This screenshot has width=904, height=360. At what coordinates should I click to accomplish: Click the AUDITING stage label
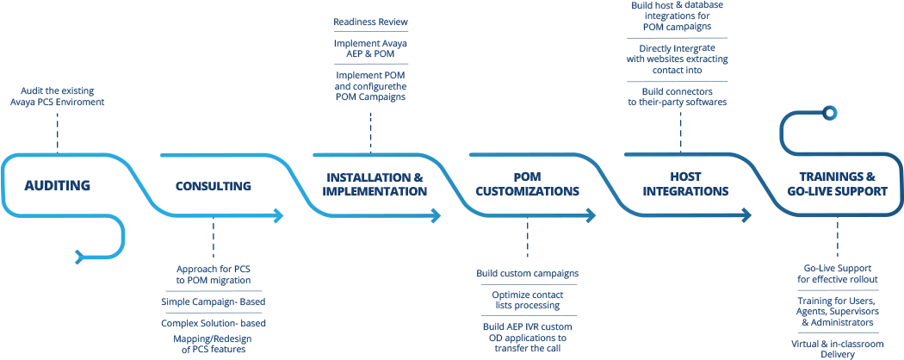pos(58,185)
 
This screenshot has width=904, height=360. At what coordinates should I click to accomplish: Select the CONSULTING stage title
pos(213,185)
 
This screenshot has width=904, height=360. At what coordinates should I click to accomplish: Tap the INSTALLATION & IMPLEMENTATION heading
pos(375,184)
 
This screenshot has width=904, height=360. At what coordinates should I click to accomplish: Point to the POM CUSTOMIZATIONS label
pos(527,184)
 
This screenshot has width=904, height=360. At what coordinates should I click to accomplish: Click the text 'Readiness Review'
pos(370,22)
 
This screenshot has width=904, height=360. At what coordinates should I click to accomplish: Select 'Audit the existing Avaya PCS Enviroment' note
pos(59,96)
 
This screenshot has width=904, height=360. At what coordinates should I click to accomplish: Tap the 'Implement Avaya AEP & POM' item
pos(370,48)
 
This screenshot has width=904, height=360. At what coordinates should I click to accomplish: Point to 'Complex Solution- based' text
pos(214,323)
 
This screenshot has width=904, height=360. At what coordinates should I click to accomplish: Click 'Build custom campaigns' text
pos(527,274)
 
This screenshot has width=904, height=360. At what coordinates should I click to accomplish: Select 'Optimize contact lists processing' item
pos(527,300)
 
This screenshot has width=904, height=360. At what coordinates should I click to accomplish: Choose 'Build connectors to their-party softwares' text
pos(680,96)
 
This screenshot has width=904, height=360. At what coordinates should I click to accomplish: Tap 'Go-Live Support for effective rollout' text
pos(837,274)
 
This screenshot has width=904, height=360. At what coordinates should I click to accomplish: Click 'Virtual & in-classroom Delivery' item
pos(837,347)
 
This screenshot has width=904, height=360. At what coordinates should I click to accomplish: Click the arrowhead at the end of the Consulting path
pos(279,215)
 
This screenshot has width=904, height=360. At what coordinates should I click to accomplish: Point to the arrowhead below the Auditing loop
pos(80,254)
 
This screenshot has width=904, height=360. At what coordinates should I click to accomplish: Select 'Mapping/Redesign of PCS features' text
pos(214,344)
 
